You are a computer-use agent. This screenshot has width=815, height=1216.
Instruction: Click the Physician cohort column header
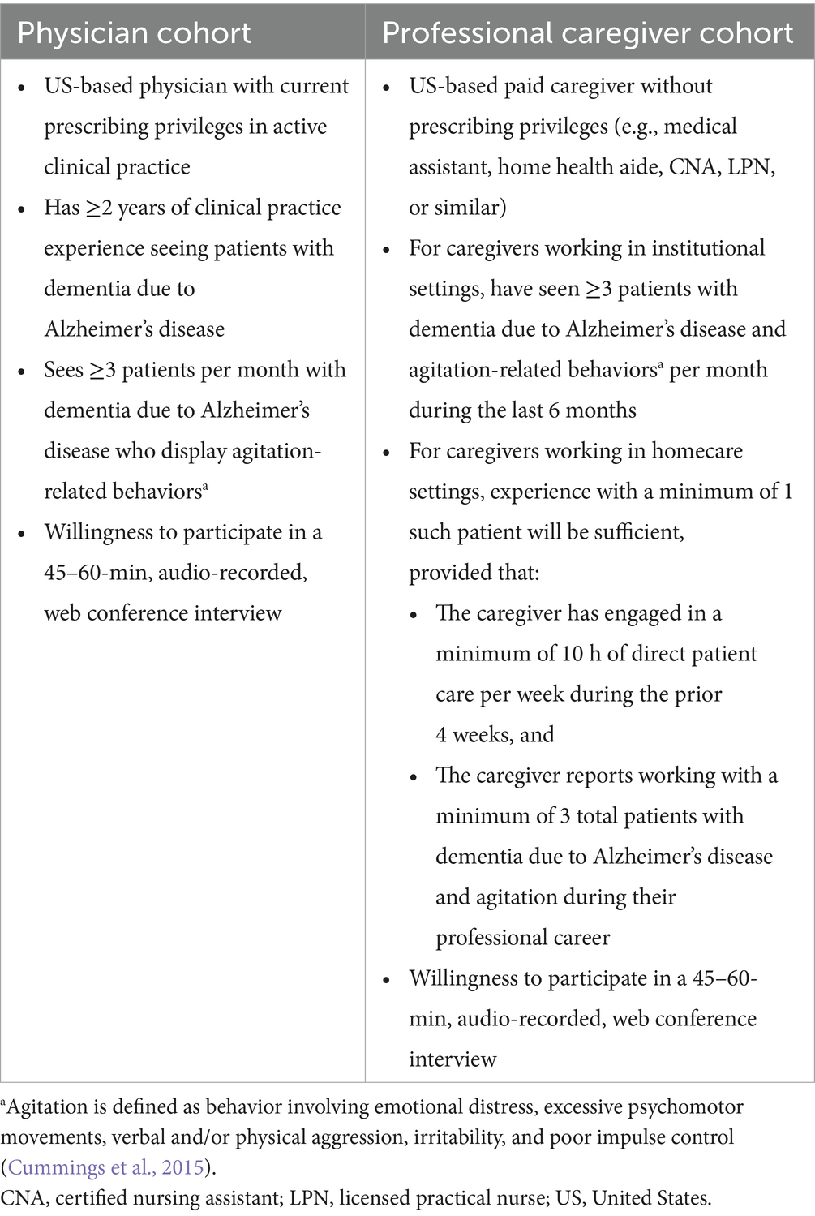135,33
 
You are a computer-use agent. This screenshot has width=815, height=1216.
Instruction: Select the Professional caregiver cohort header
587,33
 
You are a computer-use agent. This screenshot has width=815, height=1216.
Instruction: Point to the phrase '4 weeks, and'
495,735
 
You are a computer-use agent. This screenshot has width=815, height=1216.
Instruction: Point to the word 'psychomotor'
680,1106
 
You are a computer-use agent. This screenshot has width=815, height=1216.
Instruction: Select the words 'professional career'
522,938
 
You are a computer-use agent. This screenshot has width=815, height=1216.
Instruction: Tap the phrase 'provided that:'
474,573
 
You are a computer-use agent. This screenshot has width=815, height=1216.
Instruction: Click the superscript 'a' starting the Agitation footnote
4,1103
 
